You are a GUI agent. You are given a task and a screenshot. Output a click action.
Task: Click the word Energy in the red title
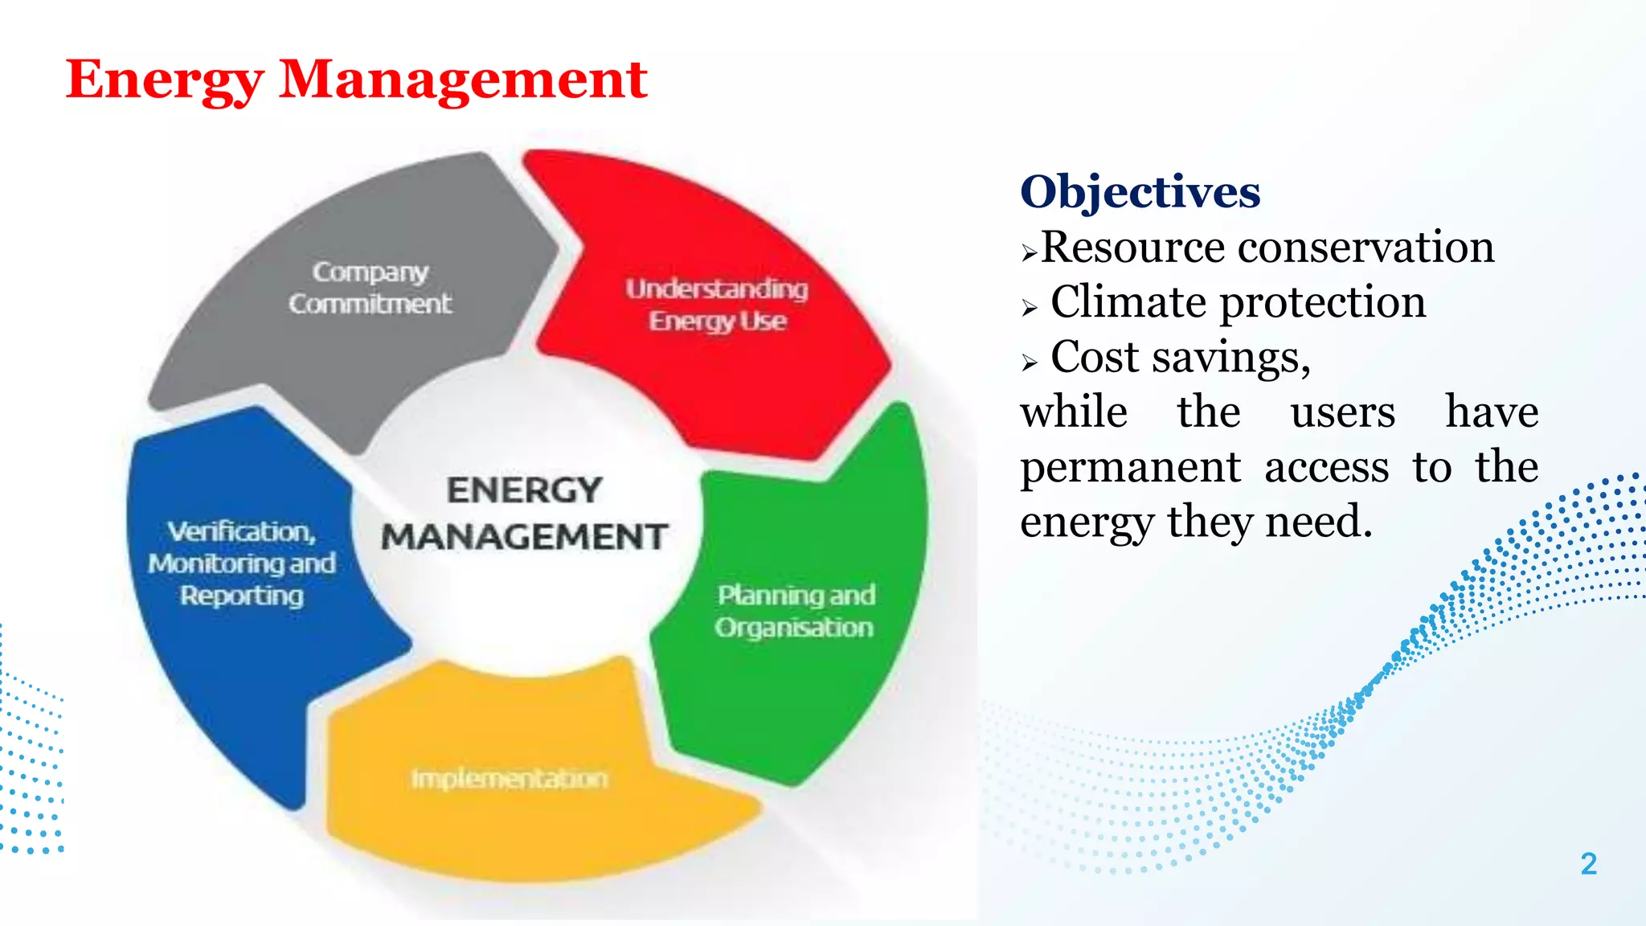164,80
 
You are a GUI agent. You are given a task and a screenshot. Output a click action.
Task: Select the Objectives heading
1140,192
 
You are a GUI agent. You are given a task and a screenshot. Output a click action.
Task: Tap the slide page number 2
1588,864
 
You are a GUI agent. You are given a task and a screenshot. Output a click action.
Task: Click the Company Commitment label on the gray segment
371,288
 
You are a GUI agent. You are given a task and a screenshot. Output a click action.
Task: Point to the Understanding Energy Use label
717,305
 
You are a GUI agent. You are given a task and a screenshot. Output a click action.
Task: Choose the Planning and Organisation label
795,611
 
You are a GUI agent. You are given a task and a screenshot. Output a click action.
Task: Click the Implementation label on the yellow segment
510,778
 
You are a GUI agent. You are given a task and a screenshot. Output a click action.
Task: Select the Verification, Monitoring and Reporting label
241,563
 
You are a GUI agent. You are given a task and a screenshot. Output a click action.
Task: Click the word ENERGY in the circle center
524,490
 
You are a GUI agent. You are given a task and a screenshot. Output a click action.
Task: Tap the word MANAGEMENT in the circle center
524,537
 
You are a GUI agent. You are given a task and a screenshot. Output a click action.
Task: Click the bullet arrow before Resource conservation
1030,253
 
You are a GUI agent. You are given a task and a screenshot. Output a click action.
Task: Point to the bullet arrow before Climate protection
1030,308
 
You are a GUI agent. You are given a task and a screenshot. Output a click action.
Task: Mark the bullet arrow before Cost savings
1030,363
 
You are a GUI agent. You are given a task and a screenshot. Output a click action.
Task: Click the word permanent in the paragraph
1130,468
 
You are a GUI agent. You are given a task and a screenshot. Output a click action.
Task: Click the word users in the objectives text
1342,413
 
